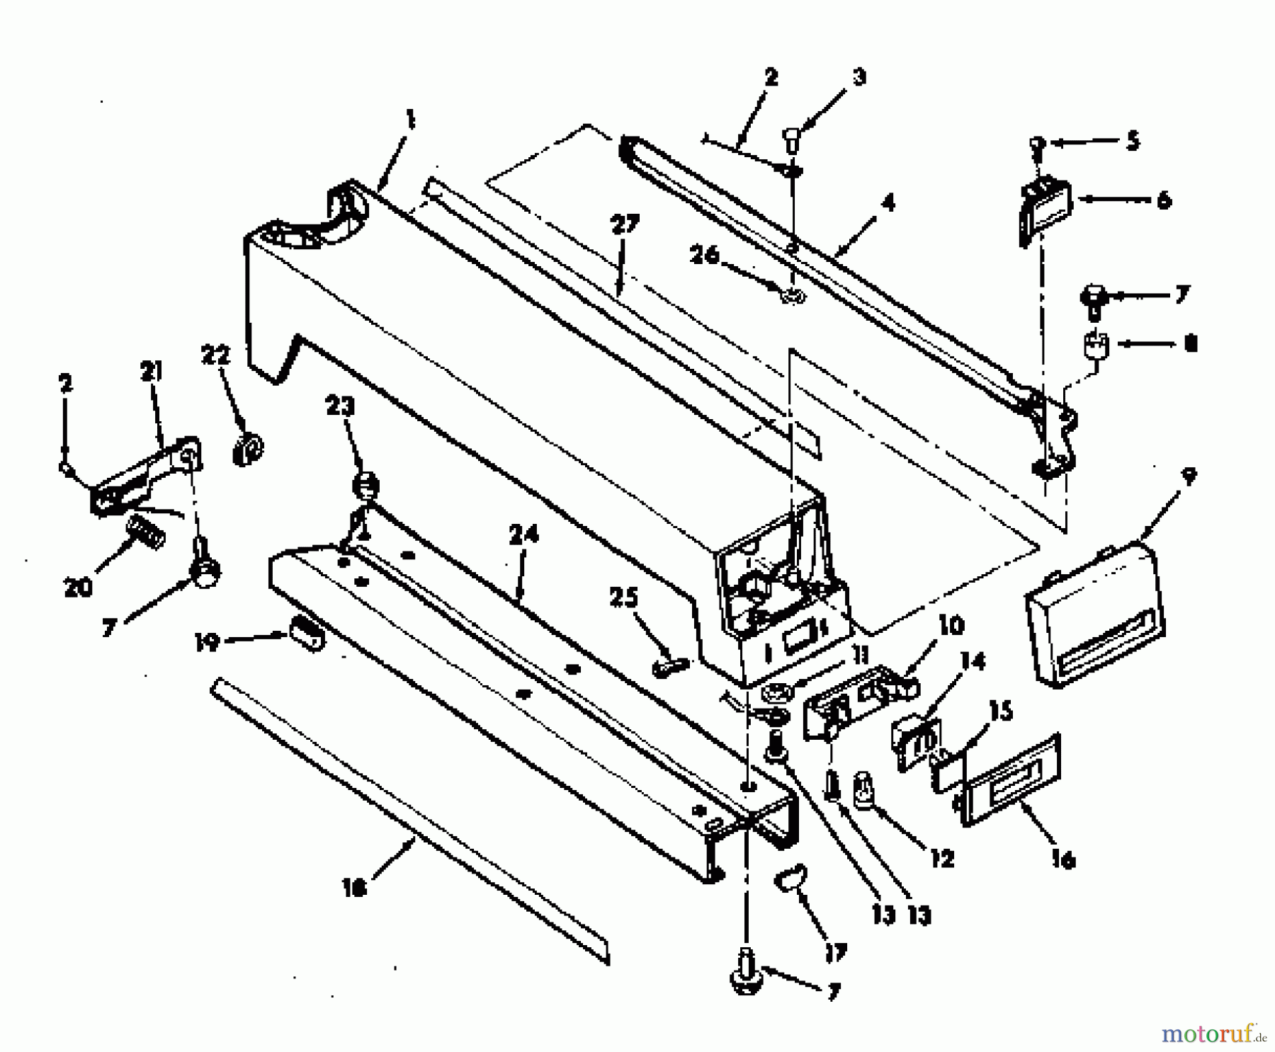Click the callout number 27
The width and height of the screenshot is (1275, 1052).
(x=625, y=226)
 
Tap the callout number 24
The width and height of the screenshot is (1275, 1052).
(x=523, y=534)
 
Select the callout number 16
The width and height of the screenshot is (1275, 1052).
(x=1063, y=859)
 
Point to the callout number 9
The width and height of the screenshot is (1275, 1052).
(x=1189, y=477)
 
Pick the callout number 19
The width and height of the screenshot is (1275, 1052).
(x=208, y=642)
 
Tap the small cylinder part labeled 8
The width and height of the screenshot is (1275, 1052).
(x=1095, y=347)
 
